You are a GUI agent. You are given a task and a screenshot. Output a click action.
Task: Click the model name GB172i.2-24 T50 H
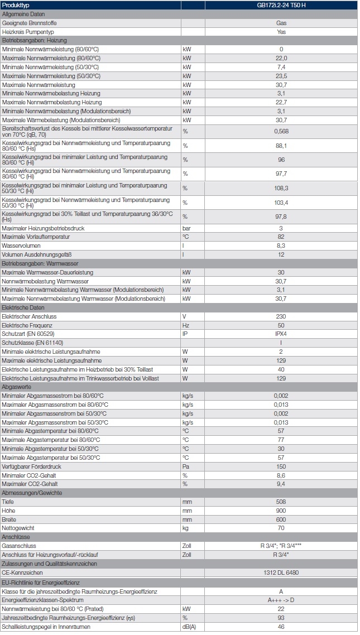click(281, 5)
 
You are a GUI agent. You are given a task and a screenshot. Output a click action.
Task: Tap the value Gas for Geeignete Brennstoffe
click(281, 23)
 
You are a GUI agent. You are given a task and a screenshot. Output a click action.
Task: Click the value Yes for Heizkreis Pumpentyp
click(281, 32)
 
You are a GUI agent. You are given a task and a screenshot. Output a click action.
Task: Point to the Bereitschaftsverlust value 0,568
click(281, 132)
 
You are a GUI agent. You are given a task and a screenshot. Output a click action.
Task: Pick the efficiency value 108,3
click(281, 188)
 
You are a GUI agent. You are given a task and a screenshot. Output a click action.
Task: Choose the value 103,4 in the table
click(281, 203)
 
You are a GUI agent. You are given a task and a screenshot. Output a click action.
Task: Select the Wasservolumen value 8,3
click(281, 246)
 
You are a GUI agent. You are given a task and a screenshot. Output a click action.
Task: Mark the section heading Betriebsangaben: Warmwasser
click(40, 263)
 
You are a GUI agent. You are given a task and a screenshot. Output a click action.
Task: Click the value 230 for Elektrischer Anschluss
click(281, 316)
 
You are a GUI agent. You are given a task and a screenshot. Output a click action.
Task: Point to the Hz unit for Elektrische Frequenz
click(186, 325)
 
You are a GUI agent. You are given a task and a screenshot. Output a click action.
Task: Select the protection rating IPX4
click(281, 334)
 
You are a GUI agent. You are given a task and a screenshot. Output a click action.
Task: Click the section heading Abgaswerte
click(16, 387)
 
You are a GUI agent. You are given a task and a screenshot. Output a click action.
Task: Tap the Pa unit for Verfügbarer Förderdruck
click(186, 466)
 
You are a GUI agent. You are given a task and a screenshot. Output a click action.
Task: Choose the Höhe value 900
click(281, 511)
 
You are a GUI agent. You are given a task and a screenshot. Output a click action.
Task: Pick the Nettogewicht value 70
click(281, 528)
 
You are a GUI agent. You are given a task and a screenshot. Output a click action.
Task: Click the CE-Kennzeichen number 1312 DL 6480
click(281, 573)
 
